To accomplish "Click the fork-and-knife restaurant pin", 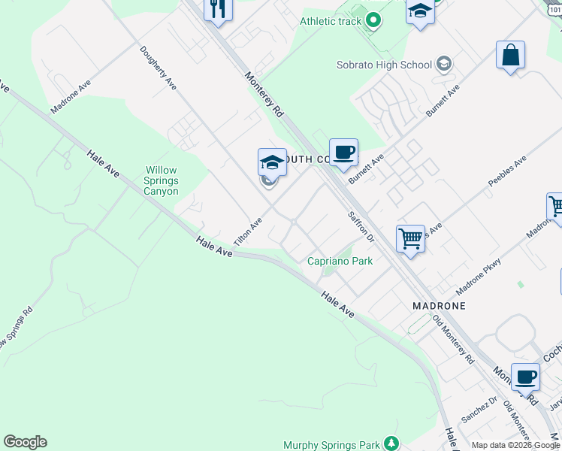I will [219, 9].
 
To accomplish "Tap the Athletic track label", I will [331, 21].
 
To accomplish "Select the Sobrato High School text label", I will [394, 65].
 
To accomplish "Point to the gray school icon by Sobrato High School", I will [445, 64].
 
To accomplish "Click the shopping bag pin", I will [510, 56].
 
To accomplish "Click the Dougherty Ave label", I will [158, 68].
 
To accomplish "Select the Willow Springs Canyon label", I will [162, 181].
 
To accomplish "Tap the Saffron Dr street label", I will [361, 226].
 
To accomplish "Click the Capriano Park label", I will [340, 261].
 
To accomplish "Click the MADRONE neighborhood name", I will [439, 306].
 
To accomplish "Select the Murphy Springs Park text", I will [331, 445].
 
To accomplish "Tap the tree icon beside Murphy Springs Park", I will [390, 443].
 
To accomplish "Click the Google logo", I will [25, 442].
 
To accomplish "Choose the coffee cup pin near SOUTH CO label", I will [343, 153].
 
